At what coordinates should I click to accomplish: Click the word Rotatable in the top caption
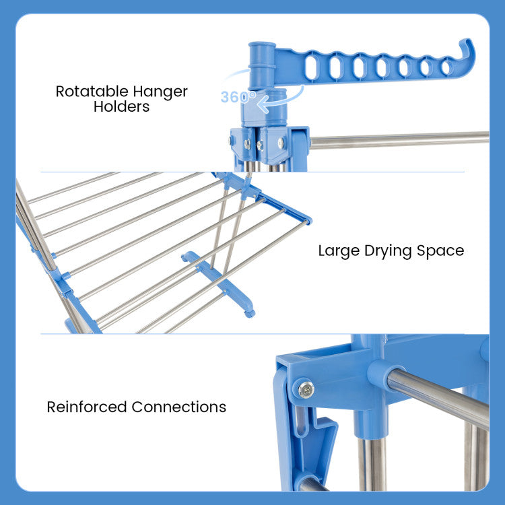point(92,92)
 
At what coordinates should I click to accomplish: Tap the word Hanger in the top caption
point(160,92)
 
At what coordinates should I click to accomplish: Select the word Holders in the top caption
point(121,106)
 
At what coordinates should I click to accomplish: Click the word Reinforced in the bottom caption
point(87,407)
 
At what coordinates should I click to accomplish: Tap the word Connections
point(178,407)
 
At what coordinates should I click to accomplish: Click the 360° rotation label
point(238,96)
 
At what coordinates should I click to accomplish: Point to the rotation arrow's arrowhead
point(263,104)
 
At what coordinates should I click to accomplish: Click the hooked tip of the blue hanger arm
point(467,48)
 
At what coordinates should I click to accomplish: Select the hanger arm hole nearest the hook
point(446,67)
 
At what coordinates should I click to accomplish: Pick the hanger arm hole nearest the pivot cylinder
point(311,67)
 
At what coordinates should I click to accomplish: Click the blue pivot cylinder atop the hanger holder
point(262,66)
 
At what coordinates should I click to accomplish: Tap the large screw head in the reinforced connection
point(306,389)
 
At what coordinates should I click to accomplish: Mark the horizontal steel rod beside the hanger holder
point(399,141)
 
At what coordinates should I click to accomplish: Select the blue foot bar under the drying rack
point(218,283)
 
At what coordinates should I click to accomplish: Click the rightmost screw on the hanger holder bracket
point(281,142)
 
